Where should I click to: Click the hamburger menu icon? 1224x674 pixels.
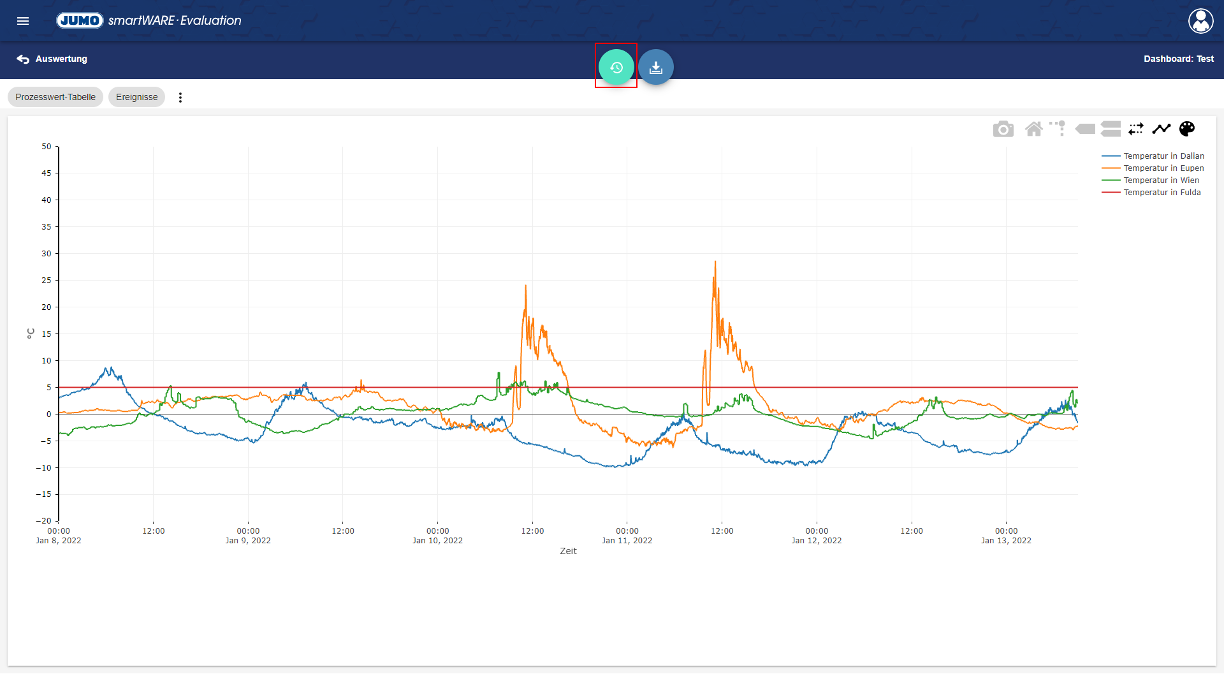click(23, 21)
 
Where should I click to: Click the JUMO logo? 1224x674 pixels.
click(80, 20)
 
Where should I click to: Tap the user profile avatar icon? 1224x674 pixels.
click(1200, 21)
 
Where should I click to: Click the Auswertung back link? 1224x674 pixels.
click(52, 59)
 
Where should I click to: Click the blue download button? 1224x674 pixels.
click(655, 67)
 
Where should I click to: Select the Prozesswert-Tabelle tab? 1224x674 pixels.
click(55, 97)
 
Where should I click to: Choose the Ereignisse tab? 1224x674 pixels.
click(136, 97)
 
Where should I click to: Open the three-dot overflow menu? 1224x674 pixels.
click(180, 98)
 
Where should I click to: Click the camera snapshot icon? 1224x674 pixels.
click(1003, 129)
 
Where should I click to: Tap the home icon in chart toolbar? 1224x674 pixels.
click(1033, 129)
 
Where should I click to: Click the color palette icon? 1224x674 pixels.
click(1186, 129)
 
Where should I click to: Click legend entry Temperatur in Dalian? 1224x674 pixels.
click(1163, 156)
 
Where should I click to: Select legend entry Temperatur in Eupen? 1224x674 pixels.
click(1163, 168)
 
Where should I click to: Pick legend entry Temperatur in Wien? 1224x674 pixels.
click(1161, 180)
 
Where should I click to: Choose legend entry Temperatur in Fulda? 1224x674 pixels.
click(1162, 193)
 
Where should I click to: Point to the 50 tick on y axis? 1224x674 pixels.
click(47, 147)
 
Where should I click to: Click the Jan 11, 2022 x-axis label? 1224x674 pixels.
click(627, 541)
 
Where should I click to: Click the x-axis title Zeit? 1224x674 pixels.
click(568, 552)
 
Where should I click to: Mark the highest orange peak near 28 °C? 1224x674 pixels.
click(715, 261)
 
